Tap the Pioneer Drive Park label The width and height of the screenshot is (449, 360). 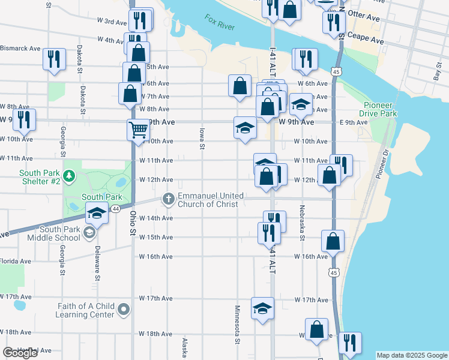(x=379, y=109)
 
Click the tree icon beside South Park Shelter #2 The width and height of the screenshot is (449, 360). (x=70, y=176)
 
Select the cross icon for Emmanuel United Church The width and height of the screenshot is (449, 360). (x=169, y=199)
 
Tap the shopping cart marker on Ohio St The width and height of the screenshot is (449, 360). (x=138, y=129)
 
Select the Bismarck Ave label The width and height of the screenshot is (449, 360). (x=20, y=48)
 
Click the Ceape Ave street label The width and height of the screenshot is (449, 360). (x=368, y=40)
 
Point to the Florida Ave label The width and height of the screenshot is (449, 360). (x=16, y=261)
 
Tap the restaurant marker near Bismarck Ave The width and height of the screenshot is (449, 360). (x=55, y=59)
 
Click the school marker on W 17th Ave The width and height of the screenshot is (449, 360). (x=262, y=308)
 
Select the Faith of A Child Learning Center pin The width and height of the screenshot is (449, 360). (x=124, y=310)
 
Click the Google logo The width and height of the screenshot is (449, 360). (x=20, y=353)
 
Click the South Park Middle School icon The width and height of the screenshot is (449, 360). (x=89, y=233)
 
